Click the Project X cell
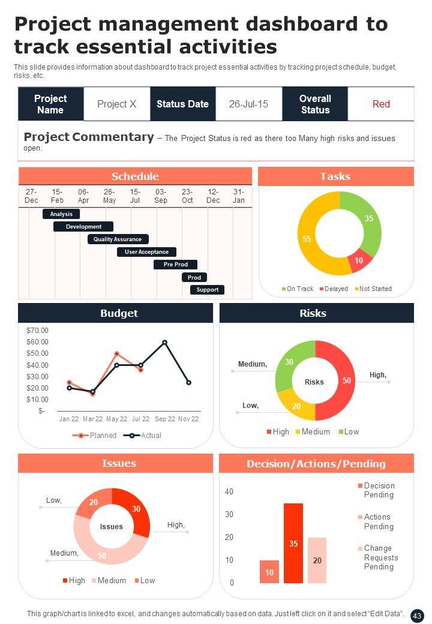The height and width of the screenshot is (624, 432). click(116, 104)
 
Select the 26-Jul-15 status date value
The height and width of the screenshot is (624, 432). click(248, 104)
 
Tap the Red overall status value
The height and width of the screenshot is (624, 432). click(381, 104)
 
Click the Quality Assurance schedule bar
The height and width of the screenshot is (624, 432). click(118, 239)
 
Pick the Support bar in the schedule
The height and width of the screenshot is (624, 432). click(208, 290)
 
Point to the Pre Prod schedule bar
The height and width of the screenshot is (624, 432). click(176, 265)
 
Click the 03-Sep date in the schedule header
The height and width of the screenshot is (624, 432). click(161, 196)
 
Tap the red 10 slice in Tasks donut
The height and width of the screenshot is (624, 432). click(359, 259)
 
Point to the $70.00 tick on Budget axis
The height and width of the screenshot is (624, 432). click(37, 331)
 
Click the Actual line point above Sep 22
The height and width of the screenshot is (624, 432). click(164, 343)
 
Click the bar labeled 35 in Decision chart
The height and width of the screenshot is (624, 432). click(293, 543)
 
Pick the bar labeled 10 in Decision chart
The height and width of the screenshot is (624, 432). click(269, 572)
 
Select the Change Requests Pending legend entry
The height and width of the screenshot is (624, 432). click(378, 557)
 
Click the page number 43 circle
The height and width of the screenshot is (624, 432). click(417, 616)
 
